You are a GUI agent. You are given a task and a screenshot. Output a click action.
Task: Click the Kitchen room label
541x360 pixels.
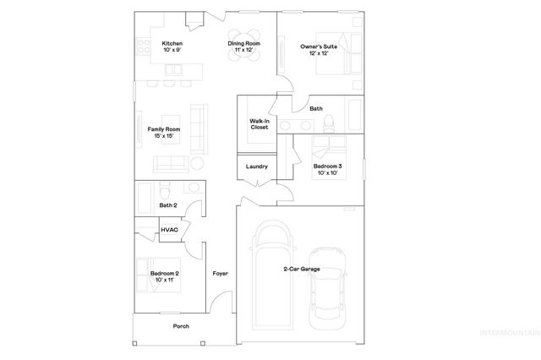click(x=172, y=46)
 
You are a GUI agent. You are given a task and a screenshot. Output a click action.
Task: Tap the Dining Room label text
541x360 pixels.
click(x=243, y=46)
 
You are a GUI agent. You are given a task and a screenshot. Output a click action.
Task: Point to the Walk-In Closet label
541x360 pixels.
click(x=259, y=124)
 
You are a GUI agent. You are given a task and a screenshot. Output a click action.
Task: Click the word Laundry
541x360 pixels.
click(x=256, y=166)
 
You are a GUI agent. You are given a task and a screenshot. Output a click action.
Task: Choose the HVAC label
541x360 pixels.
click(x=169, y=229)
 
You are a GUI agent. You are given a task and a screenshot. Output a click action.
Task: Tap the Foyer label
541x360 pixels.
click(x=220, y=274)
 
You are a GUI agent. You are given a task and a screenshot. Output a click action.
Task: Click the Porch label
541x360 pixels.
click(x=181, y=326)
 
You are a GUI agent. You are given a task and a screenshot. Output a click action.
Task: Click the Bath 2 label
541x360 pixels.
click(x=168, y=205)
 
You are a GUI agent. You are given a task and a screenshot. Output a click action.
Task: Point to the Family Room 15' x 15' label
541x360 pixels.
click(x=163, y=133)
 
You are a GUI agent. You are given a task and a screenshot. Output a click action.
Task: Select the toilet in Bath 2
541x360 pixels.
click(x=166, y=188)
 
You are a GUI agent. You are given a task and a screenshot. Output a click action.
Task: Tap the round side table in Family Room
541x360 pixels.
click(x=196, y=162)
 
